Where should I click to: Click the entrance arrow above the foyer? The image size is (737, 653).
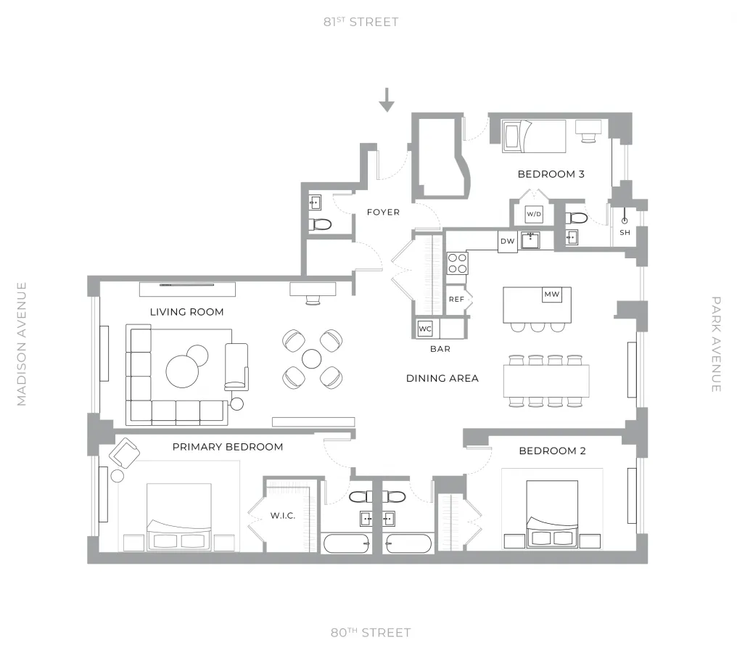pyautogui.click(x=387, y=100)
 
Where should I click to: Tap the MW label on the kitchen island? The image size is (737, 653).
pyautogui.click(x=551, y=295)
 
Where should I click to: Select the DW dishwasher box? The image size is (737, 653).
pyautogui.click(x=508, y=242)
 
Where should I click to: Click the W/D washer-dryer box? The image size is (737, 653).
pyautogui.click(x=534, y=214)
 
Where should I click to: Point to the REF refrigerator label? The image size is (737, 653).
pyautogui.click(x=456, y=299)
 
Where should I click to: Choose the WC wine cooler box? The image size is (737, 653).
pyautogui.click(x=425, y=329)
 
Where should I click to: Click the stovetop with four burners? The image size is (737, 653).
pyautogui.click(x=457, y=263)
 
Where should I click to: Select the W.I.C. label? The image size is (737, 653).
pyautogui.click(x=282, y=516)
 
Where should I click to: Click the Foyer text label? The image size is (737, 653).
pyautogui.click(x=383, y=212)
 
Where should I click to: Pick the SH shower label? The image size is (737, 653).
pyautogui.click(x=625, y=232)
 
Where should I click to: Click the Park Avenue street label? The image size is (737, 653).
pyautogui.click(x=715, y=344)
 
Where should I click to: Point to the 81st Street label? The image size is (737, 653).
pyautogui.click(x=361, y=22)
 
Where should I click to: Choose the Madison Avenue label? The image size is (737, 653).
pyautogui.click(x=21, y=344)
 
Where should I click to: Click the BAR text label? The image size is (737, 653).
pyautogui.click(x=440, y=349)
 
